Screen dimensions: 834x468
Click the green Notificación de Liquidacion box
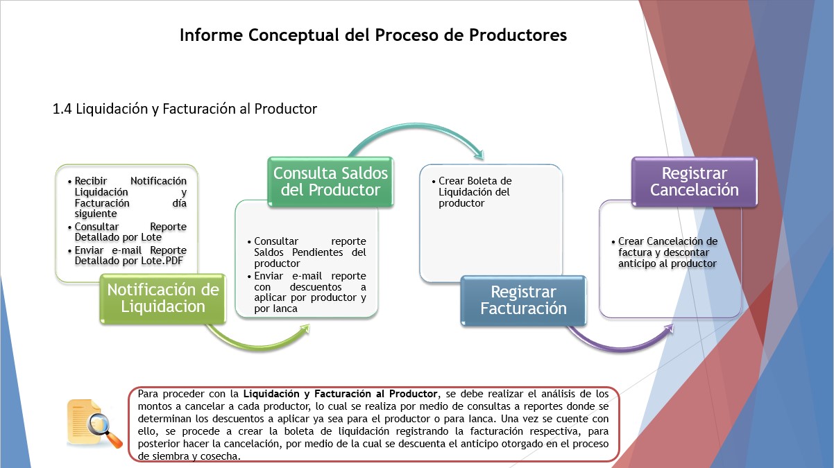[163, 299]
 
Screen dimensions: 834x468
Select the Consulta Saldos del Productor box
[331, 182]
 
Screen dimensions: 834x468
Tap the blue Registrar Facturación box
[523, 301]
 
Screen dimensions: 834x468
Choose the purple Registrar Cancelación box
[695, 182]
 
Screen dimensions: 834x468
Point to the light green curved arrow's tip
[309, 324]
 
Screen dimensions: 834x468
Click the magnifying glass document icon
[94, 424]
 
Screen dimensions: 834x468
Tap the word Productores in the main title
[518, 35]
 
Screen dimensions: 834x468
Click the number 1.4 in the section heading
[62, 109]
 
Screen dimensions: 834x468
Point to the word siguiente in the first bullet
[96, 214]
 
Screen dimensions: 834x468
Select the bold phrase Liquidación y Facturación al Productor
[340, 394]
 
